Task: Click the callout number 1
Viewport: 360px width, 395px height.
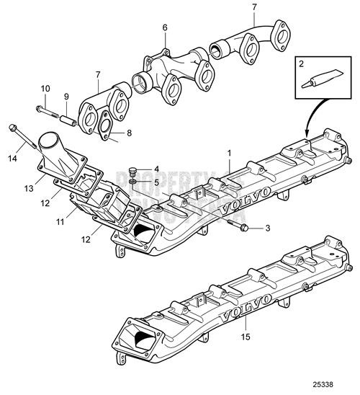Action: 230,154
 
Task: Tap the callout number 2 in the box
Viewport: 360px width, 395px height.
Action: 303,66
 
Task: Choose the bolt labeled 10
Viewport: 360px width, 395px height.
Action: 42,110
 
